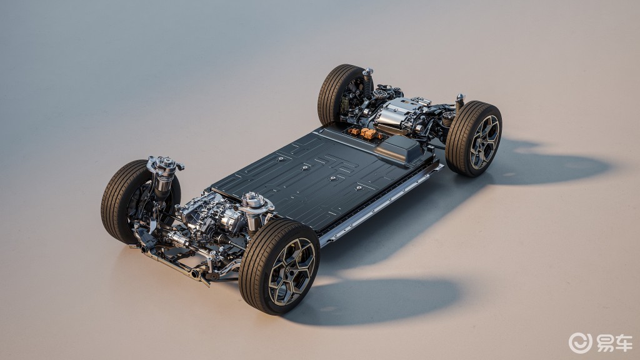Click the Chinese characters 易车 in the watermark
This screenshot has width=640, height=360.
click(615, 343)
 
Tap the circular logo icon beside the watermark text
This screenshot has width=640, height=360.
click(580, 343)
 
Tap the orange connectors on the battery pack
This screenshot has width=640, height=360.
click(366, 132)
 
